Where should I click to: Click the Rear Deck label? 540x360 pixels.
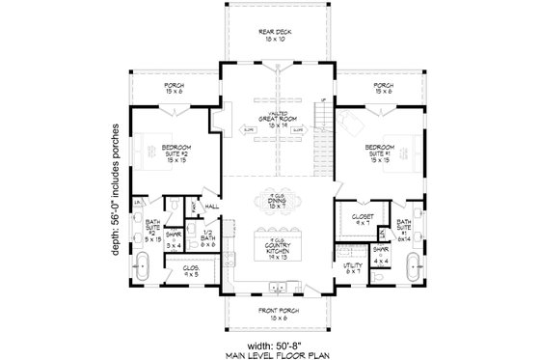click(269, 36)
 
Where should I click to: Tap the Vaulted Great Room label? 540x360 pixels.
click(269, 122)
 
